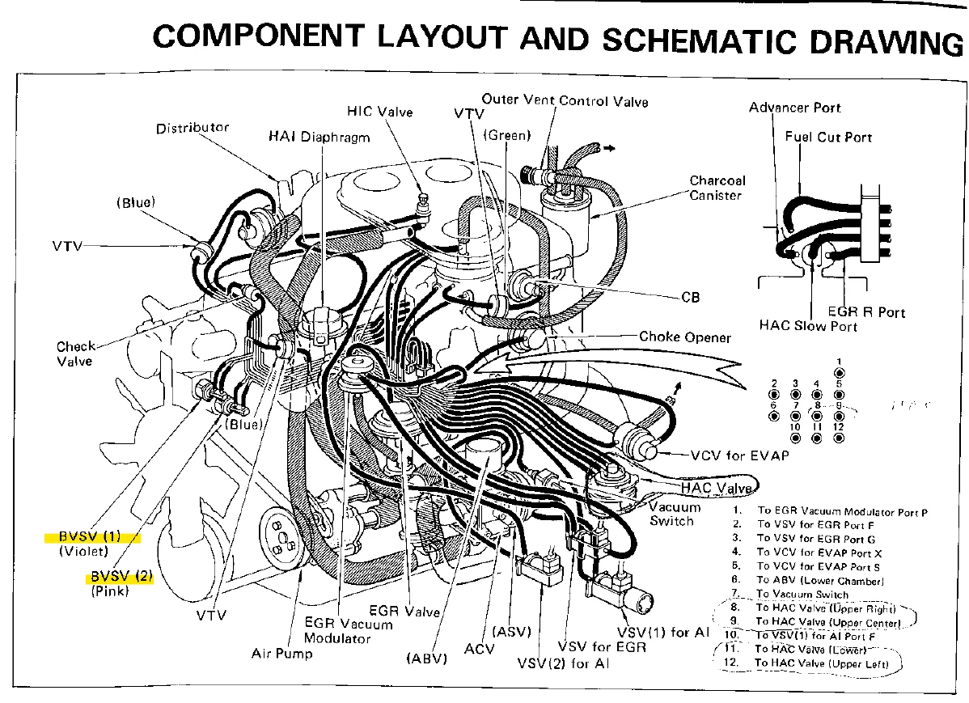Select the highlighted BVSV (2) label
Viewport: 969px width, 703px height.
pos(121,576)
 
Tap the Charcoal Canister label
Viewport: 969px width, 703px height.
pos(717,188)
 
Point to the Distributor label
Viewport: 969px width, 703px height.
pos(193,128)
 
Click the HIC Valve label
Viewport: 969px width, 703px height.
pos(379,110)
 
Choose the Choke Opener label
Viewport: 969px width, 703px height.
pos(684,337)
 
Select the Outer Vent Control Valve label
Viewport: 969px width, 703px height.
pos(565,100)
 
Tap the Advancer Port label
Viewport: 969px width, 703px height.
pos(794,108)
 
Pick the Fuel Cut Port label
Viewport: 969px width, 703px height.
pos(828,137)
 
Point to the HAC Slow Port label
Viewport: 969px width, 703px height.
pos(807,326)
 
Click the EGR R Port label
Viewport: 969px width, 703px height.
pos(866,311)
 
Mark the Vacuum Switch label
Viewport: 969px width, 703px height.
pos(675,514)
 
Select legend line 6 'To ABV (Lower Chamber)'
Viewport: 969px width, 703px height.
pos(820,580)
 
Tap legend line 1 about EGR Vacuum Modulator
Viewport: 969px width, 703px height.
pos(841,511)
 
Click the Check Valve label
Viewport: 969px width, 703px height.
pos(75,354)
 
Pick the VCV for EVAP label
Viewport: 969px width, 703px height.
pos(739,455)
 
